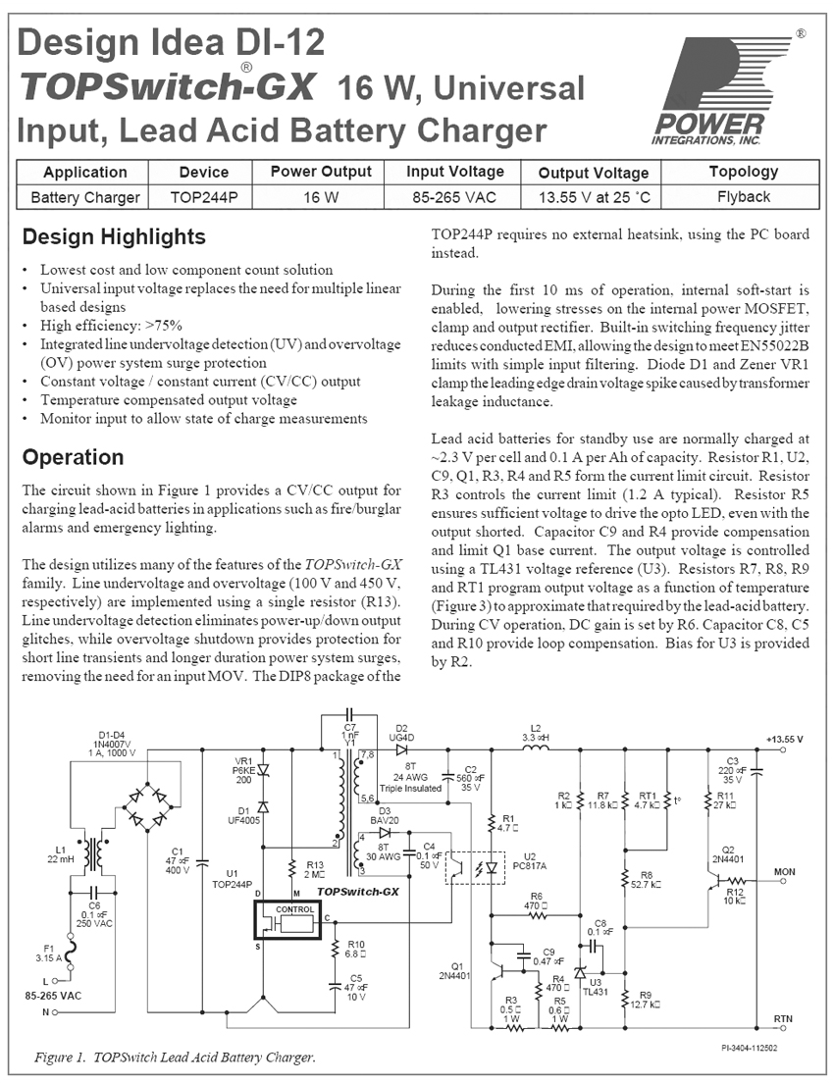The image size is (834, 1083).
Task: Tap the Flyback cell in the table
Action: (x=743, y=196)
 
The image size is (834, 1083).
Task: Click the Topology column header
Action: (x=743, y=172)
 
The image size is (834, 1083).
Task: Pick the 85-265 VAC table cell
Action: (x=455, y=196)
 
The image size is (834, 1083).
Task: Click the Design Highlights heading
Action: (x=114, y=236)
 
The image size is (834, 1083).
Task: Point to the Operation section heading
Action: (x=73, y=457)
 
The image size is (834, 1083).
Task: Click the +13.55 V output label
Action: (x=784, y=739)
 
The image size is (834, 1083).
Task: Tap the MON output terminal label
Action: (x=784, y=870)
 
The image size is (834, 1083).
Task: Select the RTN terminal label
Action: (x=783, y=1018)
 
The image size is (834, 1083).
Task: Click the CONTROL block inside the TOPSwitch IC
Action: (x=295, y=909)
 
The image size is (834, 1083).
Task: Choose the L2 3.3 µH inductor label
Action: (x=535, y=732)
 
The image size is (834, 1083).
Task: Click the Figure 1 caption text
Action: (x=175, y=1057)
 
